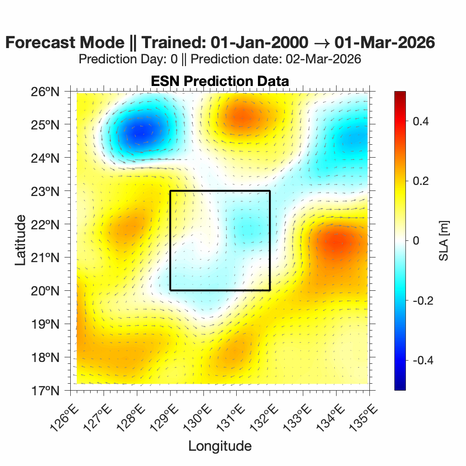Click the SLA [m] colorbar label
[444, 241]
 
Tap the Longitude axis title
[220, 446]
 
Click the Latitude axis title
[20, 241]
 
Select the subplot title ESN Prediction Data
[220, 81]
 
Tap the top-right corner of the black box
[270, 191]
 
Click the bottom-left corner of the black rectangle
[170, 290]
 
